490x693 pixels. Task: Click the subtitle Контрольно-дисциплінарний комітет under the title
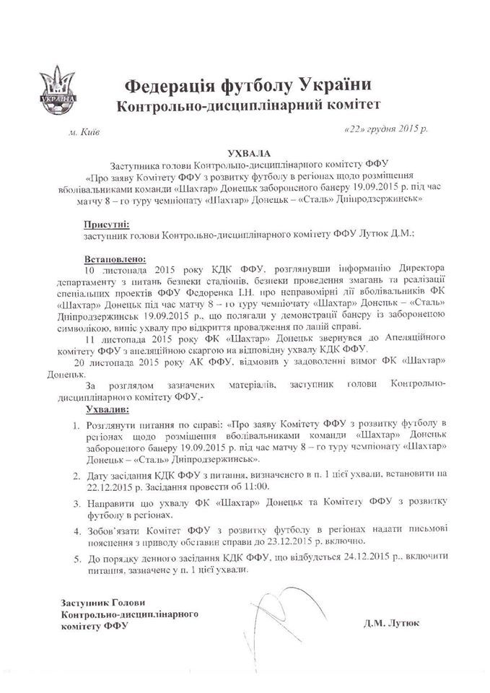(247, 107)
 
